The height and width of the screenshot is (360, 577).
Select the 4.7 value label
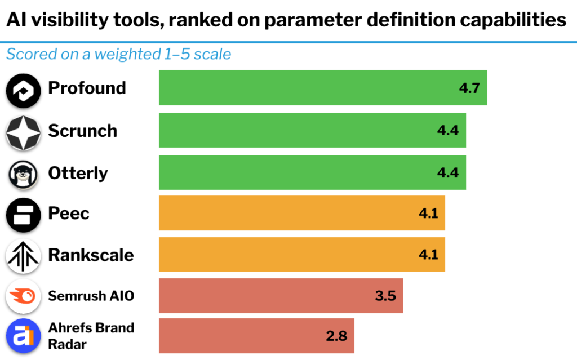(x=468, y=88)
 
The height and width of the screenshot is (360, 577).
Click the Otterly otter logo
(x=23, y=174)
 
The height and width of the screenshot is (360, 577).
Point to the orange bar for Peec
(x=301, y=213)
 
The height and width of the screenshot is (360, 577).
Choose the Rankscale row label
(x=91, y=255)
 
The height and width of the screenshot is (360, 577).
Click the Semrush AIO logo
(x=23, y=296)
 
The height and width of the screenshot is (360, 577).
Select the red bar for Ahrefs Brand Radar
(x=256, y=336)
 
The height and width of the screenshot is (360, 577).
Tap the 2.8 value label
(x=336, y=336)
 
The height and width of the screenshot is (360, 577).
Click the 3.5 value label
(x=385, y=295)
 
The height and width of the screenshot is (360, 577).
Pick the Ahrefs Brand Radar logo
(x=23, y=336)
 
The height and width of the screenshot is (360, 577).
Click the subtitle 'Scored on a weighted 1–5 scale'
(x=118, y=54)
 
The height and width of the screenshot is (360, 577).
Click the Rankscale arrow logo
(x=23, y=256)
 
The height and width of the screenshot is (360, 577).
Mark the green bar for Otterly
(x=312, y=172)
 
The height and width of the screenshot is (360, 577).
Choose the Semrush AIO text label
(x=91, y=295)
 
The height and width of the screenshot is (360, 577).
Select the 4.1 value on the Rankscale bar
(x=428, y=255)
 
